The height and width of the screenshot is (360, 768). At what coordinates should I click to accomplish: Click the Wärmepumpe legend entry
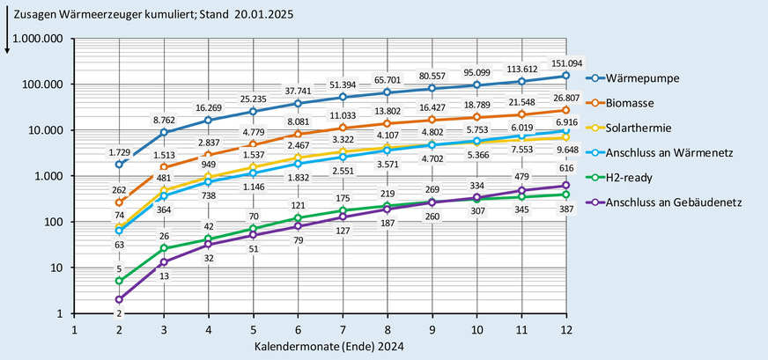click(x=653, y=78)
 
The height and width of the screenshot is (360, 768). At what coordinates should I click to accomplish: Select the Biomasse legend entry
click(x=645, y=105)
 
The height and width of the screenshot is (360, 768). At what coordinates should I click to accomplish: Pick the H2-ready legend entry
click(x=645, y=180)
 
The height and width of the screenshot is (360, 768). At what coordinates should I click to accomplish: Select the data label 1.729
click(x=119, y=154)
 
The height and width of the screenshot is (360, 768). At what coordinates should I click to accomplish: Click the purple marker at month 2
click(x=119, y=299)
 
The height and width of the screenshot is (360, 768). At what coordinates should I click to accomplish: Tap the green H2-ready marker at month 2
click(x=119, y=281)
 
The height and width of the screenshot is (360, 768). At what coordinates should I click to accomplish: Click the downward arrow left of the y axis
click(x=7, y=40)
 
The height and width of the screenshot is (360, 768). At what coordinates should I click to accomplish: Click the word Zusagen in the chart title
click(x=31, y=16)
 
